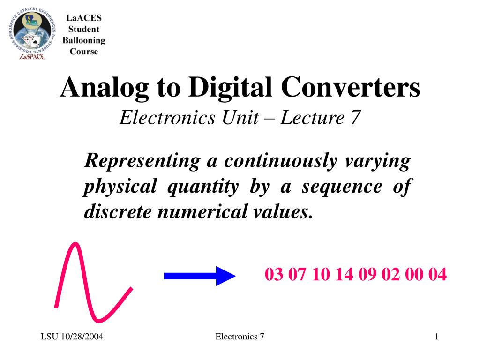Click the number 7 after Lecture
(x=354, y=117)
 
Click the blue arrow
(x=199, y=276)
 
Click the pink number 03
(x=274, y=274)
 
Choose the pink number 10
(x=321, y=274)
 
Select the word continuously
(x=280, y=162)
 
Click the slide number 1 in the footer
(x=436, y=337)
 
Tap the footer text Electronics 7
(x=240, y=337)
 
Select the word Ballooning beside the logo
(x=84, y=41)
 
